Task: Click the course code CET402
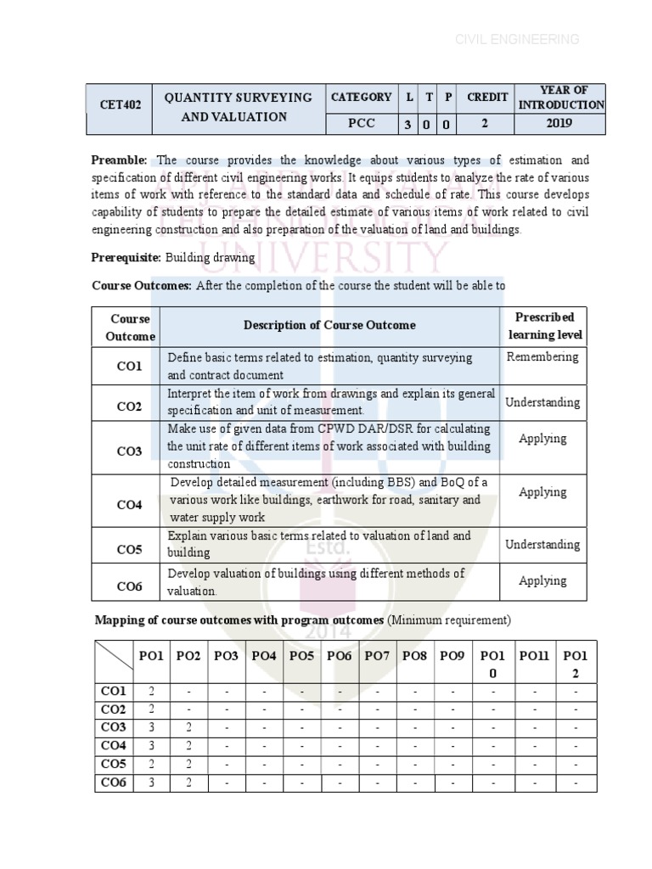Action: (119, 106)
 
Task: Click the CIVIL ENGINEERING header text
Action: (517, 39)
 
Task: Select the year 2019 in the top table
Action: (559, 124)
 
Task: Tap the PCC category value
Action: (361, 124)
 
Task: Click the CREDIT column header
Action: (486, 98)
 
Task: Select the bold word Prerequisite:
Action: (126, 257)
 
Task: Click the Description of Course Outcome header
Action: (329, 325)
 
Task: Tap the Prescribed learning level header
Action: (545, 326)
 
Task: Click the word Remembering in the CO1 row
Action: (542, 357)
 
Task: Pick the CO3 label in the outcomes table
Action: (129, 451)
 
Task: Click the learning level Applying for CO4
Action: (542, 492)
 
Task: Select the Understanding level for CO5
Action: (542, 545)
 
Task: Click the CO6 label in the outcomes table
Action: (129, 586)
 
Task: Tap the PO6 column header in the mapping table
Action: (339, 656)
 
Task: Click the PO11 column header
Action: (534, 656)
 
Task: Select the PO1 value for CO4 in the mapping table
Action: (151, 746)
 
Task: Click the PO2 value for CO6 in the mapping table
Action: (188, 782)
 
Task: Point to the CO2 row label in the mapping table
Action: (114, 709)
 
